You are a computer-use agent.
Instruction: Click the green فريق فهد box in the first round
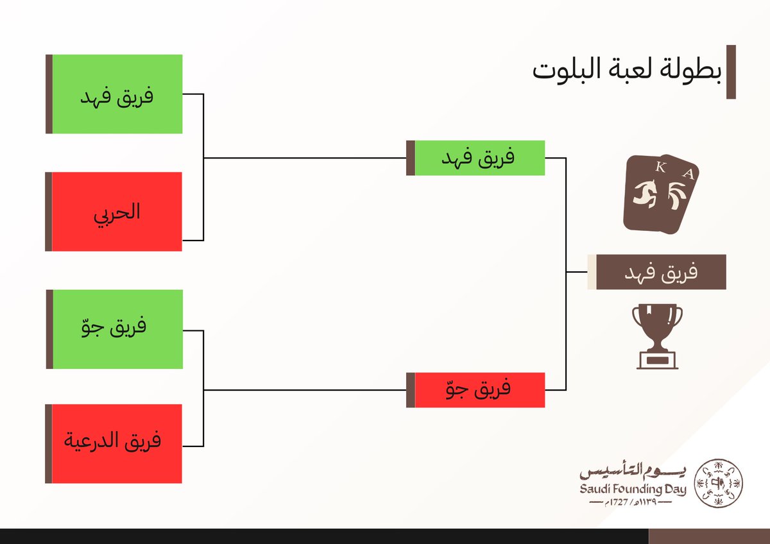click(117, 94)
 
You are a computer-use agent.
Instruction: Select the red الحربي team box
click(117, 212)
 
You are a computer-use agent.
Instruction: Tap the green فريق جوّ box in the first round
click(117, 329)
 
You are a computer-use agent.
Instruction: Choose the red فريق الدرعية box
click(117, 443)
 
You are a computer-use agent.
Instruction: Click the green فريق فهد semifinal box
click(479, 158)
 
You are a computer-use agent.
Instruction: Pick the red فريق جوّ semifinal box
click(479, 390)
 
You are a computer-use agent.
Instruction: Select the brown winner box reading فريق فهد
click(661, 272)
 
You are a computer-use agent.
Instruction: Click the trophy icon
click(656, 335)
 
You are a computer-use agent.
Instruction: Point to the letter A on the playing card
click(687, 173)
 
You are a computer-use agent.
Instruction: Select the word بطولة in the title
click(693, 70)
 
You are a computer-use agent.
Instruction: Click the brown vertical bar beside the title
click(730, 72)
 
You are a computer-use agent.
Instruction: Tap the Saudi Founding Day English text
click(633, 489)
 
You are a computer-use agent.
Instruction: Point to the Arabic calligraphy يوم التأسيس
click(633, 472)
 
